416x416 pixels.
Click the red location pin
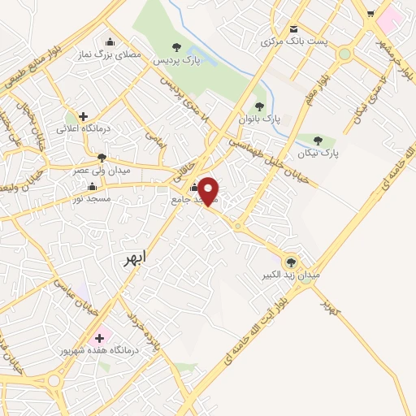click(x=209, y=190)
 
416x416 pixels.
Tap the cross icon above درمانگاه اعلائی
click(x=83, y=116)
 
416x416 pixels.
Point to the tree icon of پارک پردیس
click(x=177, y=48)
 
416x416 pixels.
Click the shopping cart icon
click(x=371, y=14)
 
